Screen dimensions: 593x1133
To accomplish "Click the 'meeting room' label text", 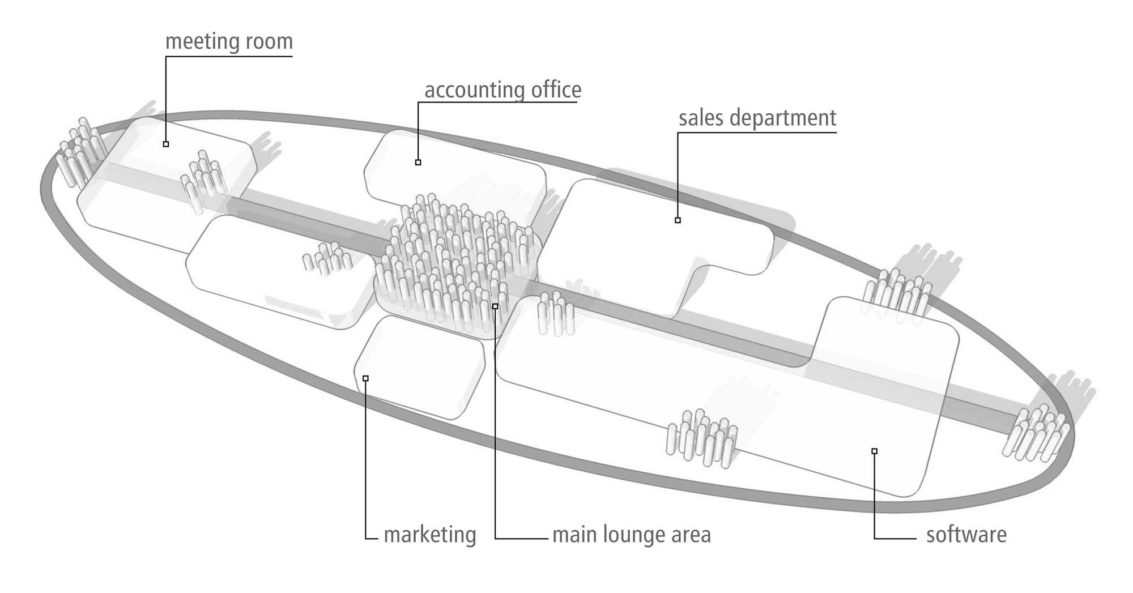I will click(229, 42).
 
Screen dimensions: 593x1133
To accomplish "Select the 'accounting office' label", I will click(502, 90).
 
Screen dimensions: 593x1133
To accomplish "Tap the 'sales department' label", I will click(757, 118).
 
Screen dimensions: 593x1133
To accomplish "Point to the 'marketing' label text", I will click(429, 535).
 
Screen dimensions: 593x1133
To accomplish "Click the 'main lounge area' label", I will click(631, 535).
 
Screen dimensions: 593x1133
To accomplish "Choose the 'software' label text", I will click(966, 535).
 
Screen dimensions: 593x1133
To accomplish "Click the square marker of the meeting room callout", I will click(166, 144).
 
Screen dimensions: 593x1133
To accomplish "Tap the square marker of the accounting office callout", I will click(418, 163).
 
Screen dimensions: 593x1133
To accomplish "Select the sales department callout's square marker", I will click(678, 220).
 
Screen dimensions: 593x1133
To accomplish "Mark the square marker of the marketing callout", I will click(365, 378).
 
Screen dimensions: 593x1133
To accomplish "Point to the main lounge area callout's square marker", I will click(495, 306).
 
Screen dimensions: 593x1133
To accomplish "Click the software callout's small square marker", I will click(875, 451).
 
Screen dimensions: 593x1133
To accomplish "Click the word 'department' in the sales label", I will click(782, 118).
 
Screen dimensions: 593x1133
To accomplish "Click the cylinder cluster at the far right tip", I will click(1037, 433).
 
